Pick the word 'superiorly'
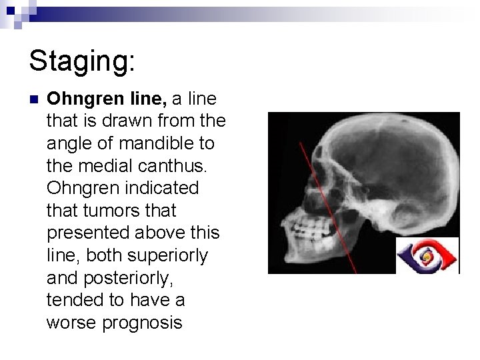[x=175, y=255]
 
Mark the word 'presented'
[x=89, y=233]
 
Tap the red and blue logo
[x=428, y=255]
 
